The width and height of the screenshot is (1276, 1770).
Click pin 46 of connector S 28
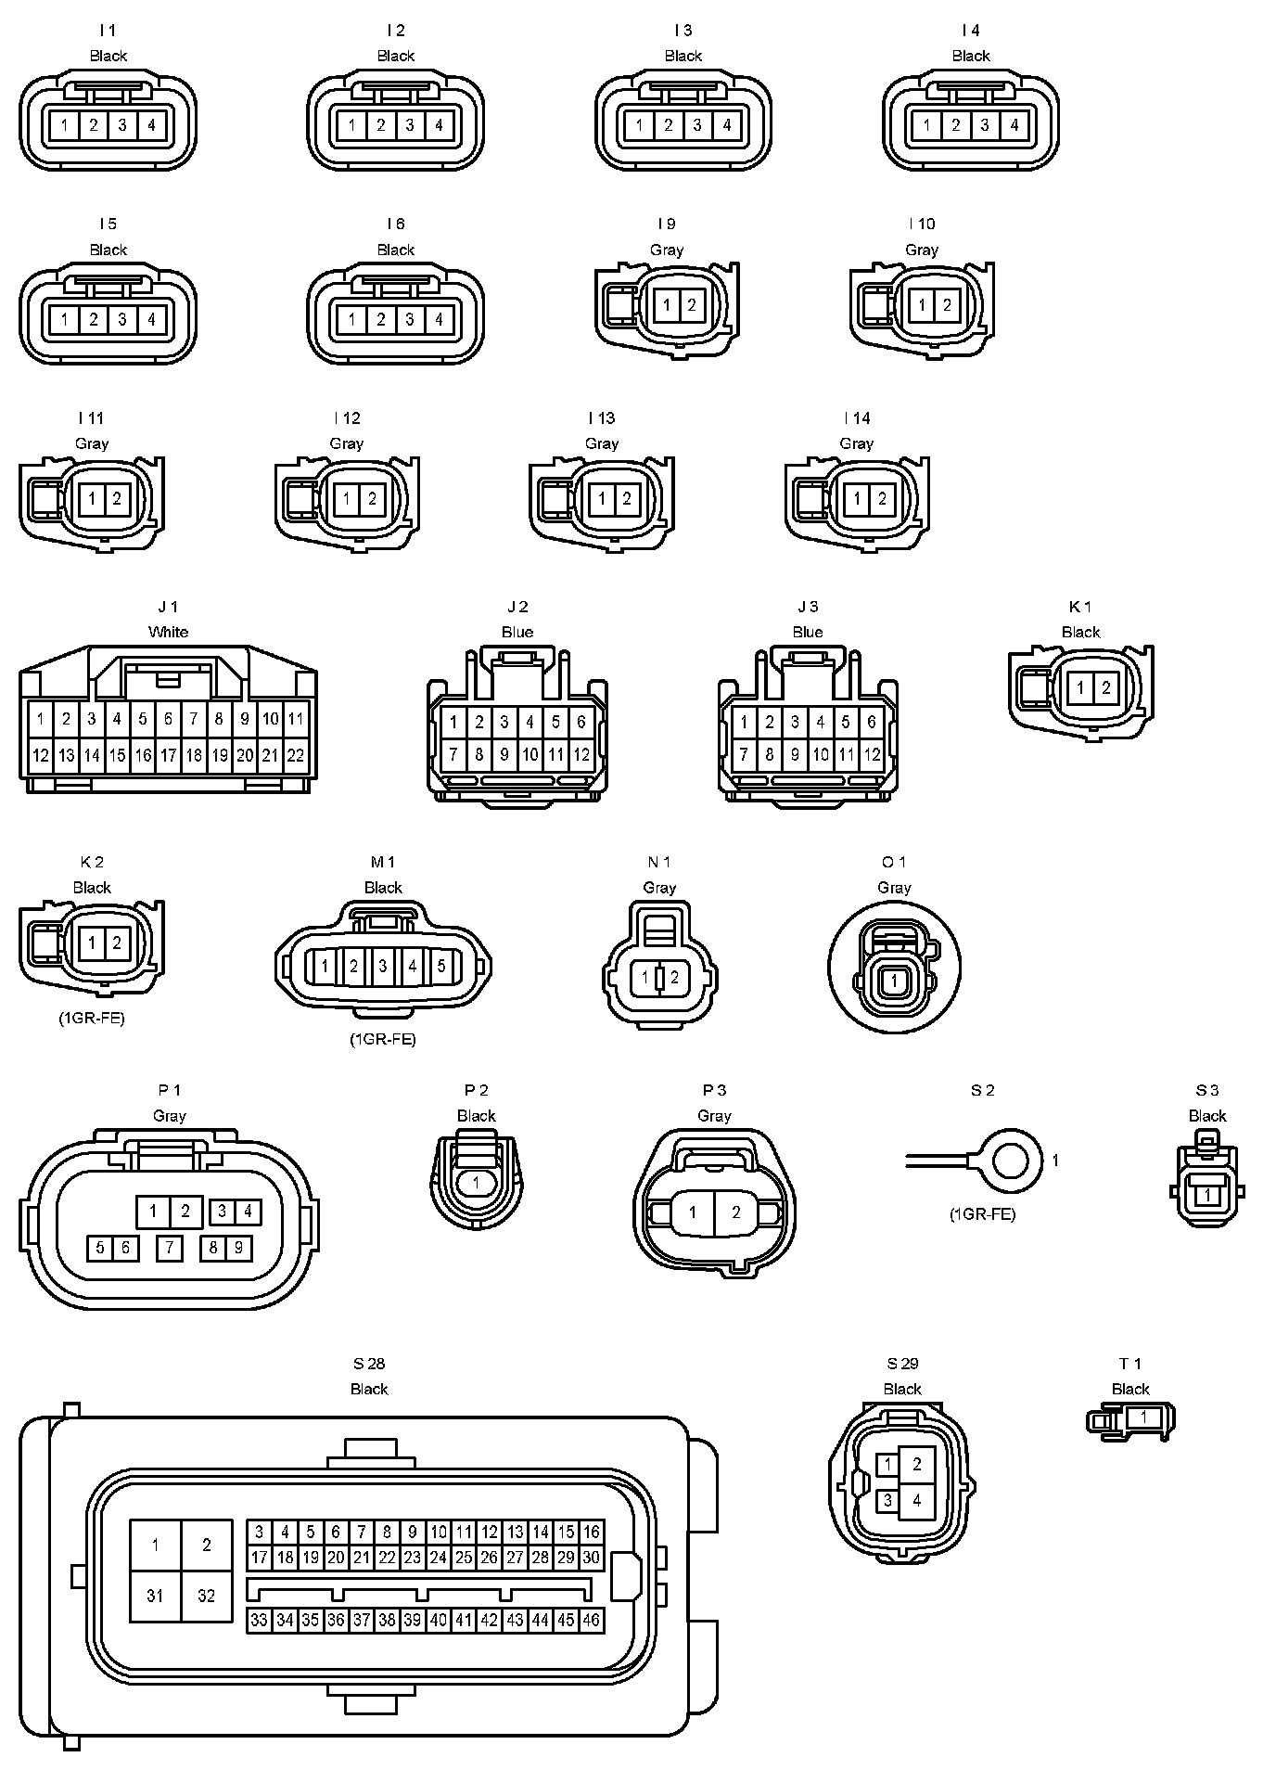[x=591, y=1620]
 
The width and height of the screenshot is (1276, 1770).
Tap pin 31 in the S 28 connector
[x=155, y=1596]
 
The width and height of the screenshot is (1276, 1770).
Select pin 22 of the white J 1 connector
[x=295, y=755]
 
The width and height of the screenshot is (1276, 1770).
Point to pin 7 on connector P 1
[x=169, y=1248]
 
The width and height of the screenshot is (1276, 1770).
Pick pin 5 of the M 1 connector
[x=441, y=966]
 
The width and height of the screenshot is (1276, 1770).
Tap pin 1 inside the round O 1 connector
[x=894, y=980]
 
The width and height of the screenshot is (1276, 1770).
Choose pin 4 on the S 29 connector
[x=917, y=1500]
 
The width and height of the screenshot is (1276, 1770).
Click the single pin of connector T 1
[x=1143, y=1417]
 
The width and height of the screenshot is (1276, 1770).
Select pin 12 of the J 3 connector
[x=872, y=755]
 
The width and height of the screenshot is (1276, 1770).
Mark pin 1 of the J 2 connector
[x=453, y=722]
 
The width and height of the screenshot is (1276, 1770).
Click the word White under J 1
[x=168, y=632]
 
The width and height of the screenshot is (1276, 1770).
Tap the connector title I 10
[x=922, y=224]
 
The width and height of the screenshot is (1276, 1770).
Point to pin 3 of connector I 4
[x=985, y=125]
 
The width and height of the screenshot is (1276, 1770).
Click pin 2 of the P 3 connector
[x=736, y=1212]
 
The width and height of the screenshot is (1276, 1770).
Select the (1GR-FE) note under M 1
[x=383, y=1039]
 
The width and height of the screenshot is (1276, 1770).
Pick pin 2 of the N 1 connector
[x=674, y=977]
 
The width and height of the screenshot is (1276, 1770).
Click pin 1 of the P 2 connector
[x=477, y=1182]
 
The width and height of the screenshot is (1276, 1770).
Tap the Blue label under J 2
[x=517, y=632]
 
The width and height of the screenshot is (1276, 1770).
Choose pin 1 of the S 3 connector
[x=1207, y=1196]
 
